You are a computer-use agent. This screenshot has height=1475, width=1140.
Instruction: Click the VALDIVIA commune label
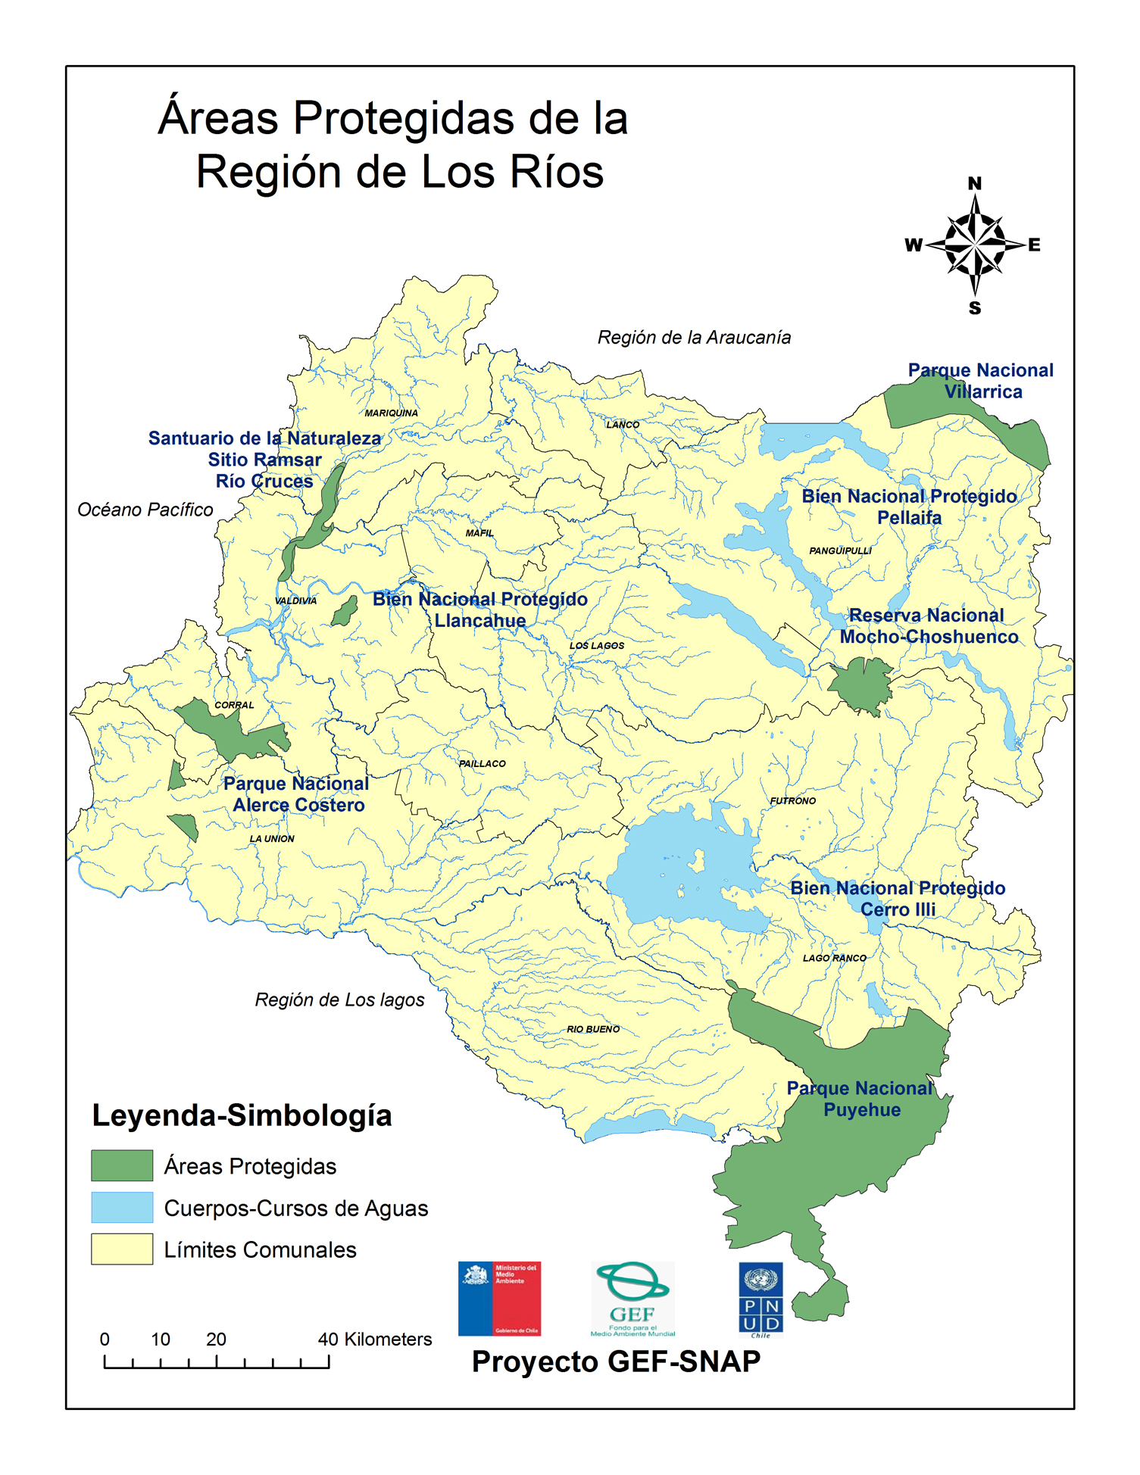295,600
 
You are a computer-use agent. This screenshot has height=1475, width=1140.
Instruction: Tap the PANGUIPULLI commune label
840,550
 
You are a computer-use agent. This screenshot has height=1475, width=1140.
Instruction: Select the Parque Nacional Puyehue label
861,1099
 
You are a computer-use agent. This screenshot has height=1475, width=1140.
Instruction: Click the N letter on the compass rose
975,183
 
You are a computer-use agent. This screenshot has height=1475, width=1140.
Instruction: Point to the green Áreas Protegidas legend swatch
122,1165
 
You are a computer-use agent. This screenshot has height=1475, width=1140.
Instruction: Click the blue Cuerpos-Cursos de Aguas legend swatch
122,1207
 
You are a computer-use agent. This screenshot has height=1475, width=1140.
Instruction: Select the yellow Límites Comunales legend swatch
122,1249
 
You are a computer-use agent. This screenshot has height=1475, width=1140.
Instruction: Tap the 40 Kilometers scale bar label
374,1339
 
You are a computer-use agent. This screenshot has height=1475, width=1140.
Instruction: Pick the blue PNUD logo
761,1299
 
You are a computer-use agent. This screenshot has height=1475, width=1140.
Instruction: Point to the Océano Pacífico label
145,510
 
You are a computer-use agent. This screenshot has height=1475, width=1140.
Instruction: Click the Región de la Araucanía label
694,337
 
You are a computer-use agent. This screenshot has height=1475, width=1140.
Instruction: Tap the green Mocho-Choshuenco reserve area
860,684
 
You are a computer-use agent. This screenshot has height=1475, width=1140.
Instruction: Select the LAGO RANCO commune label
834,958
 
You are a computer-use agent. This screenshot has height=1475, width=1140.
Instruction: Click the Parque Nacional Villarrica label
982,381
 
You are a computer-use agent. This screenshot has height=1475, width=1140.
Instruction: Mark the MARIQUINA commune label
391,413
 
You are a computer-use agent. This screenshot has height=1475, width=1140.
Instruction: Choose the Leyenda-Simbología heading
242,1115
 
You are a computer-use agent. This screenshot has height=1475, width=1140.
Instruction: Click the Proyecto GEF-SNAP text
616,1361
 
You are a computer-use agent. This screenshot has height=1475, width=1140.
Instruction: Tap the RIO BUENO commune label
593,1029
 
